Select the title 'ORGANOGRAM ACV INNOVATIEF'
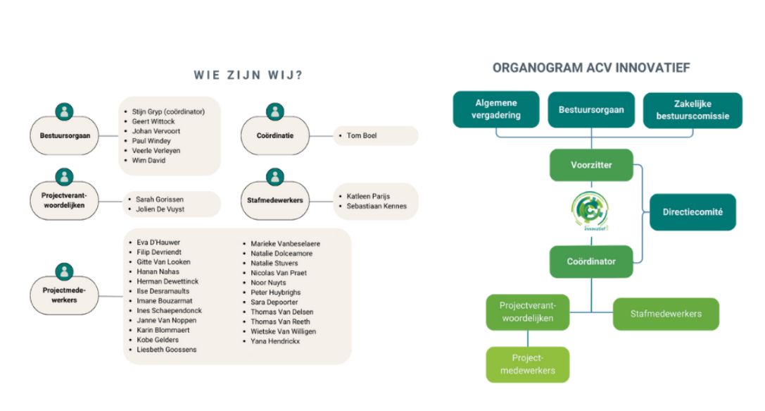click(x=591, y=68)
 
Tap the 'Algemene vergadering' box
click(x=496, y=109)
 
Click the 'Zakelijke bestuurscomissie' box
click(x=693, y=110)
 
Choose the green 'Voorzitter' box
click(x=591, y=165)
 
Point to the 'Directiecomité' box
click(x=693, y=211)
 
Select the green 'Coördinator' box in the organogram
click(x=591, y=262)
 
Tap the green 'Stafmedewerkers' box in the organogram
click(x=666, y=314)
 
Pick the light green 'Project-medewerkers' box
click(x=527, y=364)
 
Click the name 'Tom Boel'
click(x=362, y=135)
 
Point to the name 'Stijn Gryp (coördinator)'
click(x=168, y=111)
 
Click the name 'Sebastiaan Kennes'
click(x=377, y=206)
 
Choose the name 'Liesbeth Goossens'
click(x=167, y=350)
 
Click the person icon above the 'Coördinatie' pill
click(x=275, y=111)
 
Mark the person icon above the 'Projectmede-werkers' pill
click(x=65, y=271)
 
